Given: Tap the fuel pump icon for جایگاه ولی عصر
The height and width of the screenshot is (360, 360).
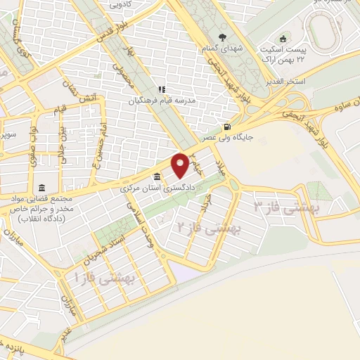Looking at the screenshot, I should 226,127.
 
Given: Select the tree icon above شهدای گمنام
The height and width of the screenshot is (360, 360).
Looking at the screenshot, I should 223,38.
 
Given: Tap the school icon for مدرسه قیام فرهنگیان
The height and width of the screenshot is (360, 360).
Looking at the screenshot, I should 161,89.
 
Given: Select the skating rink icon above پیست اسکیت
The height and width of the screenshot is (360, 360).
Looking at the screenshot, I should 283,38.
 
